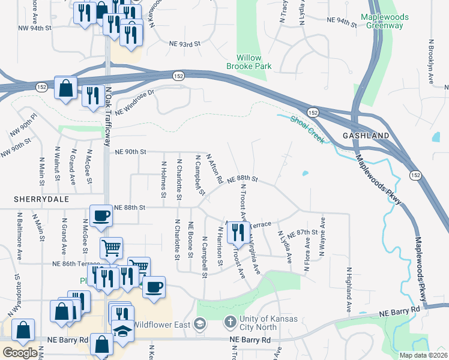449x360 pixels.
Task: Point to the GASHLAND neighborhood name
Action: point(366,136)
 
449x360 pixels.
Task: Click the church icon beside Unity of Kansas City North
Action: point(229,323)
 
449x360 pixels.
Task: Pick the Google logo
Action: point(19,353)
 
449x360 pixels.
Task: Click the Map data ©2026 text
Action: point(424,355)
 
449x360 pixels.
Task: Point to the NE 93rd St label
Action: point(184,44)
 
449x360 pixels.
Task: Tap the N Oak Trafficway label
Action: point(109,120)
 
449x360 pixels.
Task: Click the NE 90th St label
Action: point(130,152)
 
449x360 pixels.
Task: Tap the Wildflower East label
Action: point(161,325)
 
